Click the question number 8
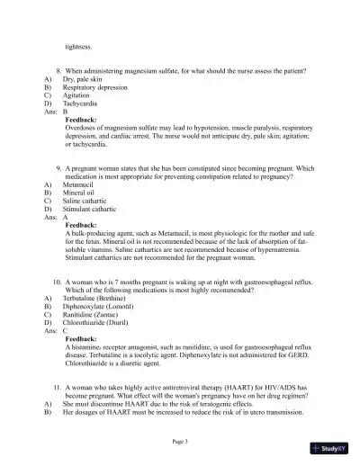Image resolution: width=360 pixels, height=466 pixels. (58, 70)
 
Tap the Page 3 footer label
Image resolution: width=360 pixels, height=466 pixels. (180, 441)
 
